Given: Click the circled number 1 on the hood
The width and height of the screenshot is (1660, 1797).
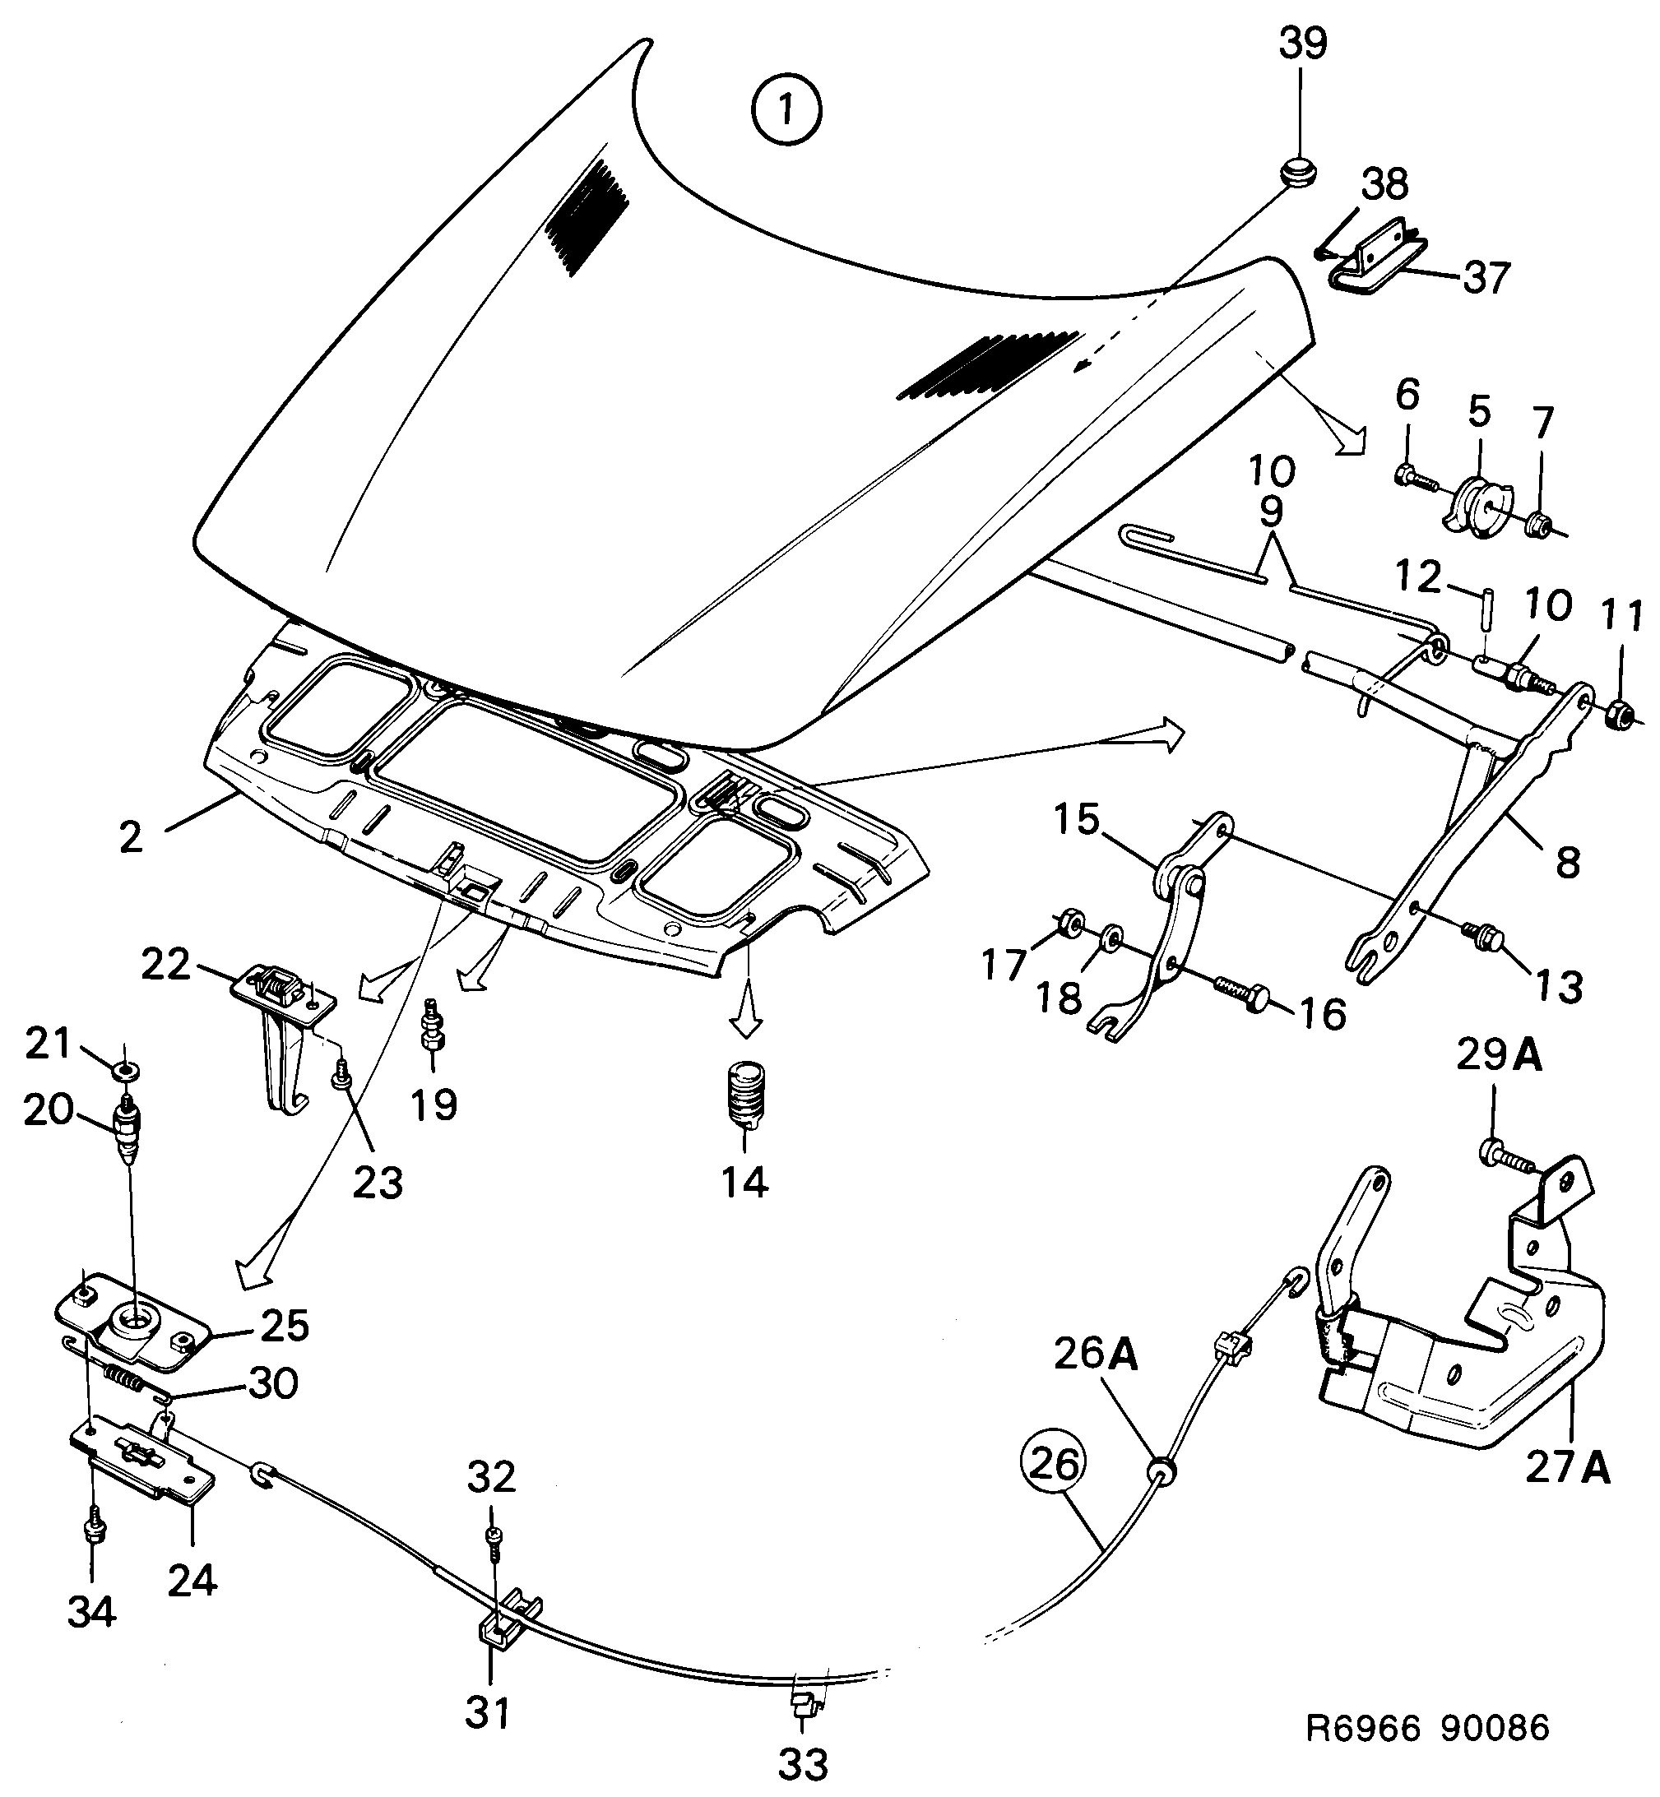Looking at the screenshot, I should [x=787, y=111].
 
